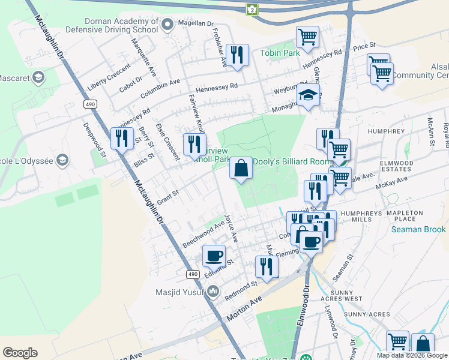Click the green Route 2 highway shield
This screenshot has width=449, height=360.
[x=252, y=9]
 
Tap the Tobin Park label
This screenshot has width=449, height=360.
[x=279, y=53]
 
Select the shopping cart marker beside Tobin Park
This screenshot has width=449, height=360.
[x=307, y=37]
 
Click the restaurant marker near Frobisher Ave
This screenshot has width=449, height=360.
[x=238, y=55]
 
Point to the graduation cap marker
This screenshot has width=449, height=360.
[x=308, y=95]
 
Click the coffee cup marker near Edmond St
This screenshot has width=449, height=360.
[x=214, y=256]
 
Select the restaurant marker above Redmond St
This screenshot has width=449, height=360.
[x=267, y=266]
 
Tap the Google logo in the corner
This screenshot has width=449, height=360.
[x=20, y=353]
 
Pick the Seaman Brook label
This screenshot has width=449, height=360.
[x=418, y=229]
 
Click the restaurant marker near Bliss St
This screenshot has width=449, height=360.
[x=122, y=138]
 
